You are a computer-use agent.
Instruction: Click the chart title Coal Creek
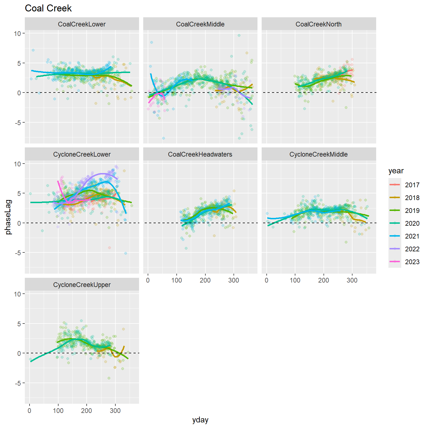click(x=48, y=8)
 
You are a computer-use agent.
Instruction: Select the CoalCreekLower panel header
click(x=82, y=24)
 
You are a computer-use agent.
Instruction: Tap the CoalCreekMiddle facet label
click(x=200, y=24)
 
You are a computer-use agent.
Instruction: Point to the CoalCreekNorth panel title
click(x=318, y=24)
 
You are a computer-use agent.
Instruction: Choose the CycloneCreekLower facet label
click(x=82, y=154)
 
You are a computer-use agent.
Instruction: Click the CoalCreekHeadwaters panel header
click(x=200, y=154)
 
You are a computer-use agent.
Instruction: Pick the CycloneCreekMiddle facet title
click(x=318, y=154)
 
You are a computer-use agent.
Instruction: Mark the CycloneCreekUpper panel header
click(x=82, y=285)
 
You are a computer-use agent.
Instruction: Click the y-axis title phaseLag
click(x=9, y=217)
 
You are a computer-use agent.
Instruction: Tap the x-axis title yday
click(x=200, y=420)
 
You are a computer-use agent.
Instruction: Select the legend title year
click(x=396, y=171)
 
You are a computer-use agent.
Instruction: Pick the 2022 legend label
click(x=412, y=249)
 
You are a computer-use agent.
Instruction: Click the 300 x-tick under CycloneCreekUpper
click(x=115, y=410)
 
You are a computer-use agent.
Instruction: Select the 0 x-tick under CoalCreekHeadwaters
click(x=148, y=280)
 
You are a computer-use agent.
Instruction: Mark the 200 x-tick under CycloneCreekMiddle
click(x=324, y=280)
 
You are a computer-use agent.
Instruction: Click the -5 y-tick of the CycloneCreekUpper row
click(x=18, y=383)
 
